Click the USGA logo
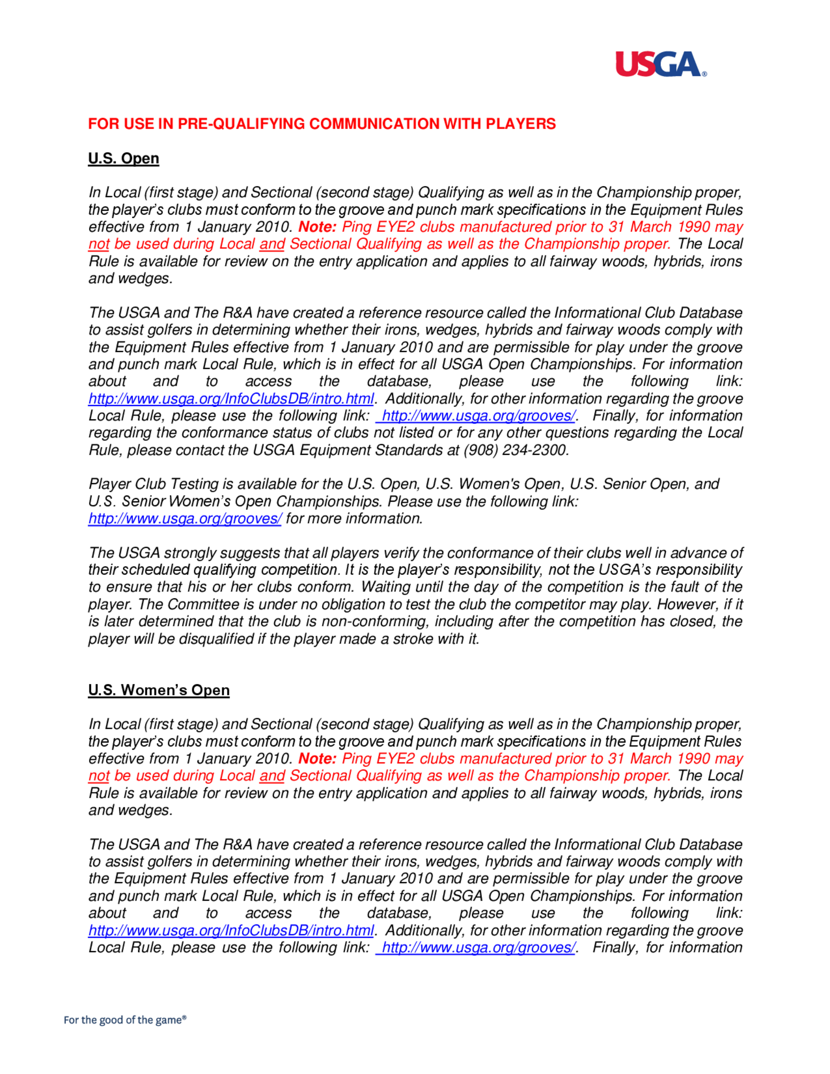[660, 64]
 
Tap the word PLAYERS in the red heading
[521, 124]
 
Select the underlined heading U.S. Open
[123, 159]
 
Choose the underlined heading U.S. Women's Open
[159, 691]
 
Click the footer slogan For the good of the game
[125, 1020]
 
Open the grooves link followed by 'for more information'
[185, 519]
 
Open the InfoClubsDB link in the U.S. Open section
[231, 399]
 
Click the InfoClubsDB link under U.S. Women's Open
[231, 930]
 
